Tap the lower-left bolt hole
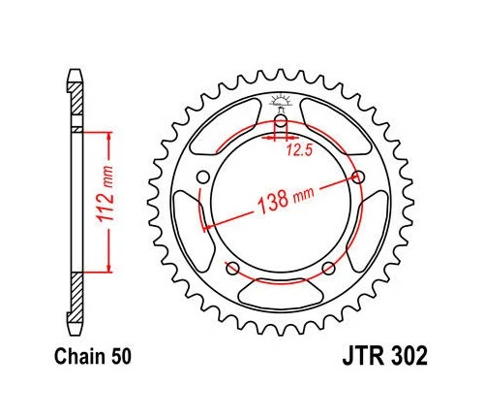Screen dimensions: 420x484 tap(231, 268)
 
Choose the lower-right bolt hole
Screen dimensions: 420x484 tap(329, 268)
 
